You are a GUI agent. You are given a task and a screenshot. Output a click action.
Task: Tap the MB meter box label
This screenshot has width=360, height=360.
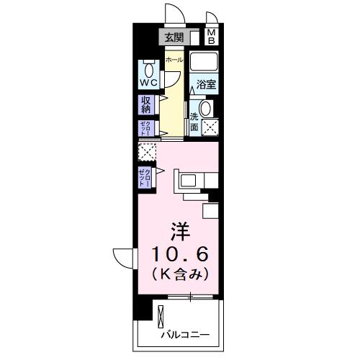click(212, 36)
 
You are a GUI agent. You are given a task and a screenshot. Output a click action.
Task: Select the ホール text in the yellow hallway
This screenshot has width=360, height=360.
click(174, 60)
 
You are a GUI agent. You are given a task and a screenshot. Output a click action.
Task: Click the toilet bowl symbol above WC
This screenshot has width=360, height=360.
click(149, 69)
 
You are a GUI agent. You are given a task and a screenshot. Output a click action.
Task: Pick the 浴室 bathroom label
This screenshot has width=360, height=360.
click(207, 84)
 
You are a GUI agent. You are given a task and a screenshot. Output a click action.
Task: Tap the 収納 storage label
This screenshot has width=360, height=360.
click(147, 105)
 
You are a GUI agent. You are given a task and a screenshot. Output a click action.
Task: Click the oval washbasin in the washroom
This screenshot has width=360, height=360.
click(205, 109)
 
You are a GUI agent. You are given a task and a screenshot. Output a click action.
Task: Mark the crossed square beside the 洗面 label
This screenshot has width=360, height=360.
click(210, 128)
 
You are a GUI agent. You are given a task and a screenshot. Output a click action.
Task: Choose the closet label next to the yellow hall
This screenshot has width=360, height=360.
click(146, 128)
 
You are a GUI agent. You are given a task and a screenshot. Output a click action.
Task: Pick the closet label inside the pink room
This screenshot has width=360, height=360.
click(146, 176)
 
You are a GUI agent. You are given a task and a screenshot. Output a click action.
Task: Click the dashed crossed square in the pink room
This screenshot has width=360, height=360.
click(147, 152)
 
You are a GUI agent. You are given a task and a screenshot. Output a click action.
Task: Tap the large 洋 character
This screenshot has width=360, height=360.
click(180, 233)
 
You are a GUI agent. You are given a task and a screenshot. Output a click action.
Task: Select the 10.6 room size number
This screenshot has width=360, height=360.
click(180, 254)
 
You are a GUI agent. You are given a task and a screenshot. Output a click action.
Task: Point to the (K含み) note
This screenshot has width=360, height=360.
click(180, 274)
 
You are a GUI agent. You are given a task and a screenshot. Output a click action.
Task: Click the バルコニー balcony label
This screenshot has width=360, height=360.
click(184, 336)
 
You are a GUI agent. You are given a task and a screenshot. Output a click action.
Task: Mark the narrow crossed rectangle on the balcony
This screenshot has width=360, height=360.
click(161, 317)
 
